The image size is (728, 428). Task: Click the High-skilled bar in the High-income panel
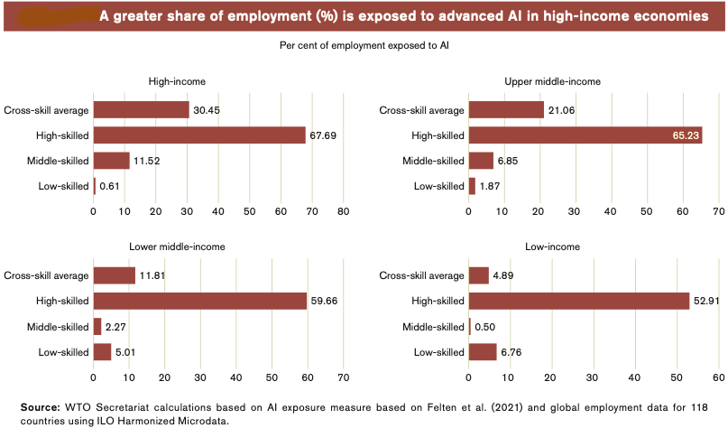pos(199,135)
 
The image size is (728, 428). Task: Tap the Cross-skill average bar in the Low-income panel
pos(478,275)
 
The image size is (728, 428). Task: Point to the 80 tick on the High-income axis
pos(344,211)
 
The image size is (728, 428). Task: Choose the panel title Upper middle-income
pos(552,81)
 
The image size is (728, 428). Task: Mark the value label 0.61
pos(109,186)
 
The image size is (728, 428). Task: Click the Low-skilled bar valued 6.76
pos(483,351)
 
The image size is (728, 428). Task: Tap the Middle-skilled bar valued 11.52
pos(111,161)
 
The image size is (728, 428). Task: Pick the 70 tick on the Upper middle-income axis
pos(717,211)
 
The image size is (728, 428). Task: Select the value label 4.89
pos(503,275)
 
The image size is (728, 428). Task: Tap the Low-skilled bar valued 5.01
pos(102,351)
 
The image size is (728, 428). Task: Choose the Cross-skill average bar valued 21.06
pos(506,110)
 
